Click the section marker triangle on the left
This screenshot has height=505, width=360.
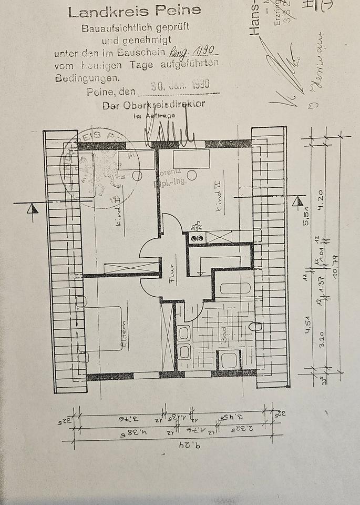click(33, 209)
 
